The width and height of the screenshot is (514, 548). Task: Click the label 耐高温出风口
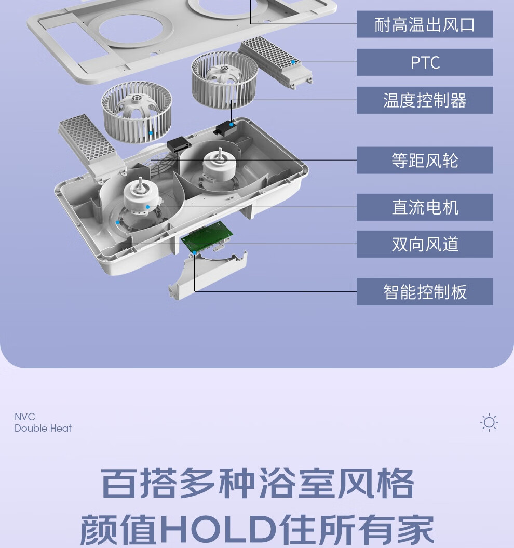pos(425,24)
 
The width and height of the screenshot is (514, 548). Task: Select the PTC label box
pos(425,62)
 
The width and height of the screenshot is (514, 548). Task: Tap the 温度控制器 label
pos(425,100)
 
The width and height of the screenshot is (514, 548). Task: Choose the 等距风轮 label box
pos(425,161)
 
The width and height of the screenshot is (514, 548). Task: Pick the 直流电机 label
pos(425,207)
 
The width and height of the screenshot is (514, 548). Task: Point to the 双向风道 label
pos(425,244)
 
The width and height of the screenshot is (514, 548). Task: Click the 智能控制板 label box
pos(425,292)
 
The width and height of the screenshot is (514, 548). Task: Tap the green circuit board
pos(207,236)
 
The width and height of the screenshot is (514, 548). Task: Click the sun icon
pos(489,422)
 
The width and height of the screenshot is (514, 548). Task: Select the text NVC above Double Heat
pos(25,417)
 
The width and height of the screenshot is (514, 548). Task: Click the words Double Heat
pos(43,428)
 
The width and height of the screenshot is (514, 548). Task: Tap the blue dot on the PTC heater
pos(293,62)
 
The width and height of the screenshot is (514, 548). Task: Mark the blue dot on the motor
pos(148,207)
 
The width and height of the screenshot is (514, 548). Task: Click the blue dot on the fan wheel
pos(151,133)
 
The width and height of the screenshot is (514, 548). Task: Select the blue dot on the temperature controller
pos(231,124)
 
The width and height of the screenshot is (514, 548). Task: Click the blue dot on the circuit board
pos(194,252)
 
